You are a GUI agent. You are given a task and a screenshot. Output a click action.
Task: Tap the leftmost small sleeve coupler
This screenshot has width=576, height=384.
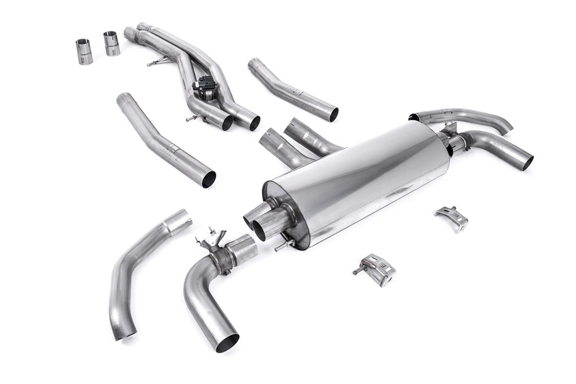(84, 51)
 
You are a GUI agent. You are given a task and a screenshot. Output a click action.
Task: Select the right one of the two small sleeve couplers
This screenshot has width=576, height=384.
(111, 43)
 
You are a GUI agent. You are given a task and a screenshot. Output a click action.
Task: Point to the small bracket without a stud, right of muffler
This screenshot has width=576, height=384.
(452, 218)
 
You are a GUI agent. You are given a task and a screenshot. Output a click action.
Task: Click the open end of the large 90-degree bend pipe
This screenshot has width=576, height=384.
(227, 343)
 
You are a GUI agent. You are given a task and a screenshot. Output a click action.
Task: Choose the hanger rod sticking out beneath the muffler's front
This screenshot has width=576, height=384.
(283, 246)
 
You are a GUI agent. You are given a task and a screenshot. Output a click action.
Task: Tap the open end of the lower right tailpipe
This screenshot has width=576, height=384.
(528, 162)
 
